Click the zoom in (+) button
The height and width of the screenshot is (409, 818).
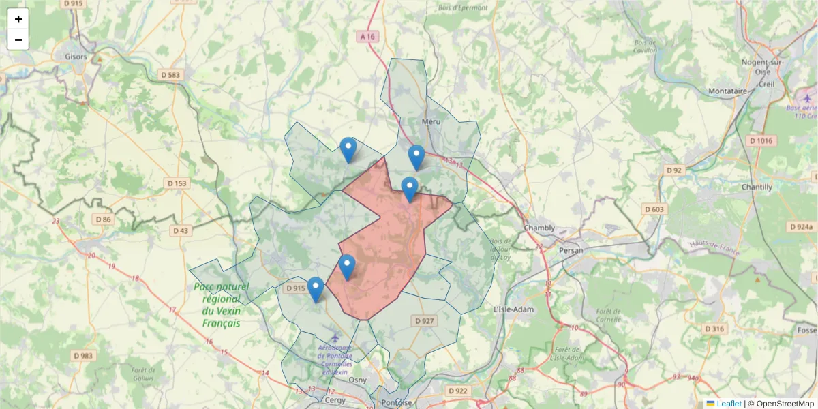click(18, 19)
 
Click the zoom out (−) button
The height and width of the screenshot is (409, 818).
click(18, 40)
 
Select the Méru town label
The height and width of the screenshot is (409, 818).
click(431, 121)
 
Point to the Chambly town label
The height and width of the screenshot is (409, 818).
click(539, 228)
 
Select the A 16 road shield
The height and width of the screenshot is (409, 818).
click(367, 37)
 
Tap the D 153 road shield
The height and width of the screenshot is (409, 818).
click(177, 183)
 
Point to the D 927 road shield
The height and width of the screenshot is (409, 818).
click(424, 320)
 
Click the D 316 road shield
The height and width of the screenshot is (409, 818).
click(714, 329)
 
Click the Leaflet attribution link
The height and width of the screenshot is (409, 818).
click(729, 404)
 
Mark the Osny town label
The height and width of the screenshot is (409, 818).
click(358, 380)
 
